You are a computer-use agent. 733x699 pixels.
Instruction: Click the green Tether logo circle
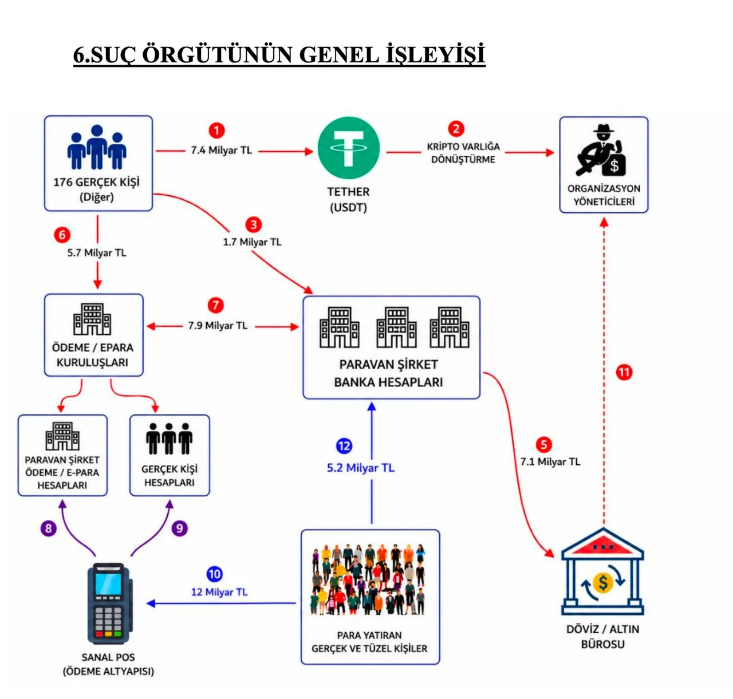pos(348,148)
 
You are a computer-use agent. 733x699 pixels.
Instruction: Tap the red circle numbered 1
pos(216,131)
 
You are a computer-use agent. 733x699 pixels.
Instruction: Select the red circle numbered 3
pos(253,224)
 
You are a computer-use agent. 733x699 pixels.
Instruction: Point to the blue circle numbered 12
pos(344,446)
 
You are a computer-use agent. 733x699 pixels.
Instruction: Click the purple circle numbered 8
pos(49,528)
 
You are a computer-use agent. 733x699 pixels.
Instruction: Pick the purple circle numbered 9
pos(179,528)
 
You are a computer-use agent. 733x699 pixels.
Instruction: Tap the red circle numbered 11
pos(624,372)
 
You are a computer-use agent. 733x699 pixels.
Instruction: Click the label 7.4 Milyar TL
pos(222,150)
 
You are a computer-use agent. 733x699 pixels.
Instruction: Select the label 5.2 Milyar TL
pos(361,468)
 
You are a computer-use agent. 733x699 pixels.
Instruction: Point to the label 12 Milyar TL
pos(219,592)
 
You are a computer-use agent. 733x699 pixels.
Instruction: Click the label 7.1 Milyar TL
pos(550,462)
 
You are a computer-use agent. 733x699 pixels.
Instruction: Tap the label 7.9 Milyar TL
pos(218,325)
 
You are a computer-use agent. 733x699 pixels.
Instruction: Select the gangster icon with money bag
pos(601,150)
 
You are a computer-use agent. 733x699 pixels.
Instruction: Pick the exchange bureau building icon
pos(602,571)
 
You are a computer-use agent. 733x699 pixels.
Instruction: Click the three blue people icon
pos(97,147)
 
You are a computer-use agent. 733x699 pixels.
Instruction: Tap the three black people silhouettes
pos(170,439)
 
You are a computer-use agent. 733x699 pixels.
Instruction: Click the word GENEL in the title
pos(338,55)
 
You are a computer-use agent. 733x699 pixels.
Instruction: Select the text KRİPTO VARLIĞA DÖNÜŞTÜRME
pos(463,153)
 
